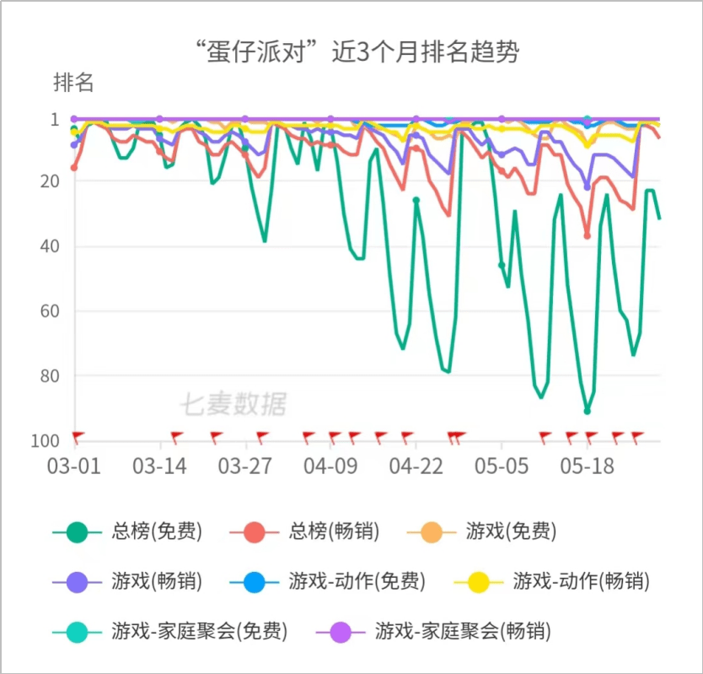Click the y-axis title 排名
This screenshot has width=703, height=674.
pyautogui.click(x=73, y=84)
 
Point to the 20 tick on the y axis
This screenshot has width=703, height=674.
pyautogui.click(x=51, y=181)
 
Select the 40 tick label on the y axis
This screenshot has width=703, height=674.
pyautogui.click(x=51, y=246)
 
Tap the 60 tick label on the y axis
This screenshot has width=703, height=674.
pyautogui.click(x=51, y=310)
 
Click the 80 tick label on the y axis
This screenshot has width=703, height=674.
pyautogui.click(x=51, y=375)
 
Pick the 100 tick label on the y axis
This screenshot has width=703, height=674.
pyautogui.click(x=46, y=440)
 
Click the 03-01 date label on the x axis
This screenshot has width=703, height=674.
pyautogui.click(x=74, y=466)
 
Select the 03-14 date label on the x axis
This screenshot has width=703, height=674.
pyautogui.click(x=159, y=466)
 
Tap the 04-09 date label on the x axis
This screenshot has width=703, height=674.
pyautogui.click(x=330, y=466)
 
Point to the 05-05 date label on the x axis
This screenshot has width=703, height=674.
pyautogui.click(x=502, y=466)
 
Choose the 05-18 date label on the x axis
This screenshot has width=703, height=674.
pyautogui.click(x=587, y=466)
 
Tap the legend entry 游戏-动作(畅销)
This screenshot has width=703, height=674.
pyautogui.click(x=582, y=581)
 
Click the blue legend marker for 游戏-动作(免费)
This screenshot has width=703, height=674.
pyautogui.click(x=254, y=581)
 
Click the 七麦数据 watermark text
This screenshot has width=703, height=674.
pyautogui.click(x=233, y=405)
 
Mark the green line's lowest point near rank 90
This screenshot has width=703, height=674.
pyautogui.click(x=588, y=411)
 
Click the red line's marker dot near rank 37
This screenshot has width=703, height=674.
pyautogui.click(x=588, y=235)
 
